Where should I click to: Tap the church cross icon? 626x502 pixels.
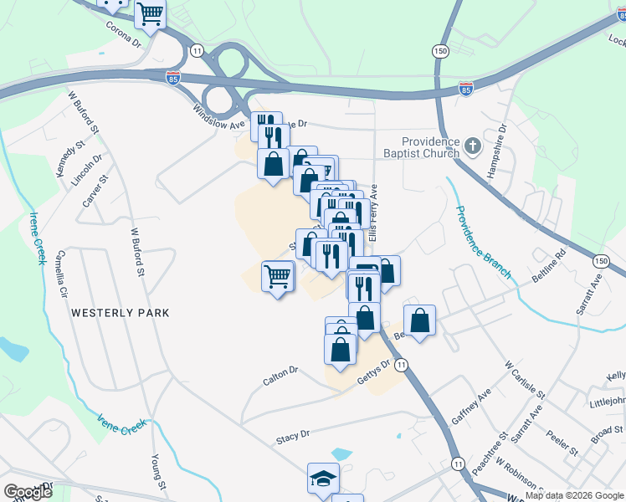click(473, 147)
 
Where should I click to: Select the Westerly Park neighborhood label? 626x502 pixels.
click(121, 313)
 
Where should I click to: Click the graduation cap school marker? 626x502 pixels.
click(323, 478)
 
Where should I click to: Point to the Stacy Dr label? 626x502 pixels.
click(293, 435)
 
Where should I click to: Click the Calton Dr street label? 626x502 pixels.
click(280, 375)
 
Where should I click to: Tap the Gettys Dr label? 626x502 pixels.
click(375, 369)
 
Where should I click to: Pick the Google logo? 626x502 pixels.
click(28, 492)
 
